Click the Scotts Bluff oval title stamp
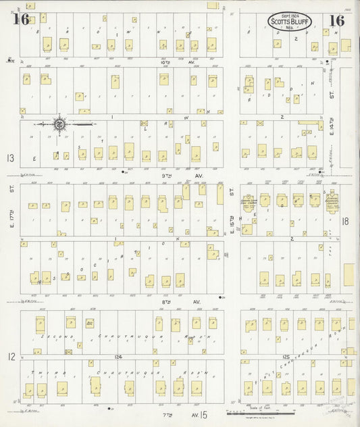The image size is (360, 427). (289, 21)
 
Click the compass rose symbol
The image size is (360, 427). (59, 124)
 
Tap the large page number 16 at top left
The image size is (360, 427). (20, 20)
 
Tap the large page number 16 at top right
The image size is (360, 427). (336, 20)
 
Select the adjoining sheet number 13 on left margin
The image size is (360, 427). (9, 158)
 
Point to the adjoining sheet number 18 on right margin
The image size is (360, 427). (346, 221)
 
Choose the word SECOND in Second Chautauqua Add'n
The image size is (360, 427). (54, 336)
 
